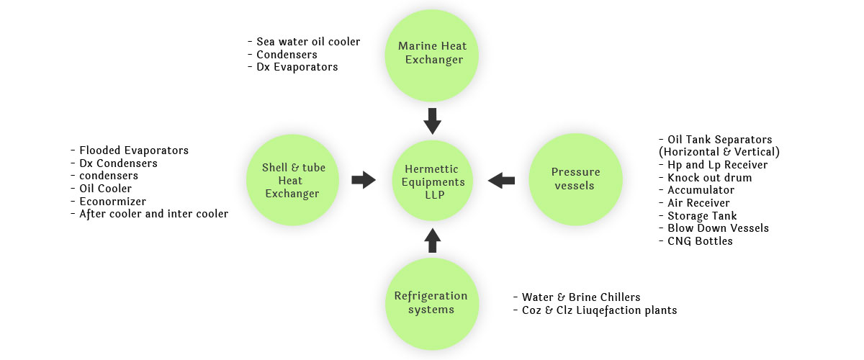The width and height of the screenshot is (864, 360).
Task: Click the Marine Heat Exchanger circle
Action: click(x=431, y=55)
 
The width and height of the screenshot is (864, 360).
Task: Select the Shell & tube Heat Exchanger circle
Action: click(x=293, y=180)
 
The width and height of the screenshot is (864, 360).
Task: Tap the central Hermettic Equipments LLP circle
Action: click(x=433, y=181)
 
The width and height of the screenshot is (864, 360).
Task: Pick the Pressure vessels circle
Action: click(x=575, y=179)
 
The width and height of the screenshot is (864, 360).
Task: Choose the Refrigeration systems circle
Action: click(x=431, y=304)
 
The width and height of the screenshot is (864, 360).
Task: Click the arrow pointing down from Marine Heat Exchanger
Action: click(x=433, y=121)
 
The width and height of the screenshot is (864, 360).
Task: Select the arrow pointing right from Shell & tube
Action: click(x=364, y=180)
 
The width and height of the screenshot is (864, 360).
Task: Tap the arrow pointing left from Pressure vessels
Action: click(x=501, y=180)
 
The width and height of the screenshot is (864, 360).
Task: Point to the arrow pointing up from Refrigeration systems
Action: click(x=433, y=240)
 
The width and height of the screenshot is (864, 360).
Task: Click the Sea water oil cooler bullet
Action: click(x=304, y=42)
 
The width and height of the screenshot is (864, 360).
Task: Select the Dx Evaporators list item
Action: click(x=293, y=67)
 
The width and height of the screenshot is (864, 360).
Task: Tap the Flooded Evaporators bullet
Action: click(x=130, y=150)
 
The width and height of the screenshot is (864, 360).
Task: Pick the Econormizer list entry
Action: click(x=109, y=202)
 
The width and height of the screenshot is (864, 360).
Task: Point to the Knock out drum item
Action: click(x=706, y=178)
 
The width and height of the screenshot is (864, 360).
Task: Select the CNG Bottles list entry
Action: click(x=696, y=241)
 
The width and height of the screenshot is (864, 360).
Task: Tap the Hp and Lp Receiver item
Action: click(x=714, y=165)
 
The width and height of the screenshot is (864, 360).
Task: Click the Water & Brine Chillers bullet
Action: click(x=577, y=297)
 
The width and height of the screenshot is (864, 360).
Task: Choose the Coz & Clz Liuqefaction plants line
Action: click(x=595, y=310)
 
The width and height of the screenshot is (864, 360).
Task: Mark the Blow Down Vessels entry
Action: click(x=714, y=228)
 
